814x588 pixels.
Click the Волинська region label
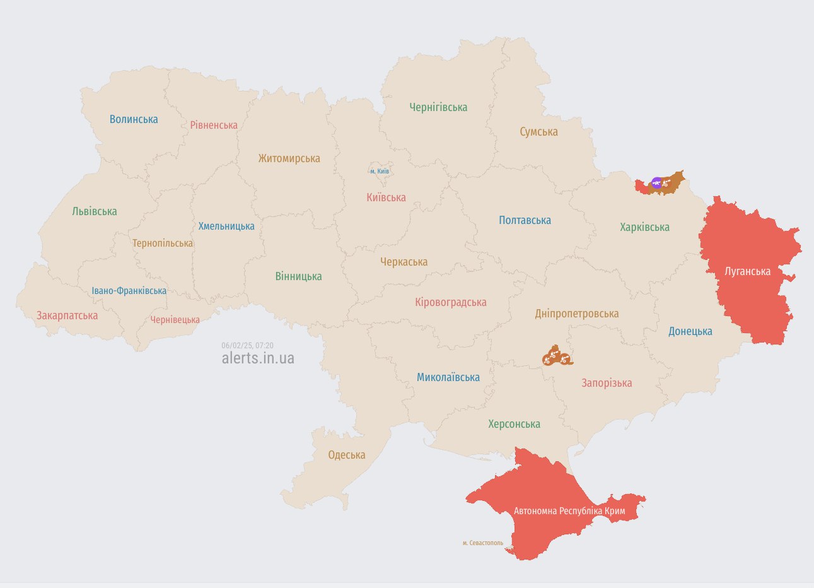(134, 119)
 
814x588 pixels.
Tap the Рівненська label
(214, 125)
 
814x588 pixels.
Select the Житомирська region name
(289, 158)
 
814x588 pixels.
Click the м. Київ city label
(380, 171)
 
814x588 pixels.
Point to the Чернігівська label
(438, 107)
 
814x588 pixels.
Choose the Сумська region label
(538, 132)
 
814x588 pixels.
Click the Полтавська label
(525, 220)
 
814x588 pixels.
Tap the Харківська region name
(644, 227)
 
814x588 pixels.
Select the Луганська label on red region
(747, 271)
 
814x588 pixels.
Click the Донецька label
(690, 331)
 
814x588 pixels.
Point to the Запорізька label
(606, 383)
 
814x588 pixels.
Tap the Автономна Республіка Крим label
(569, 510)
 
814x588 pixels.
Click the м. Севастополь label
(483, 543)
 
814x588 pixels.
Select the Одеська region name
(346, 455)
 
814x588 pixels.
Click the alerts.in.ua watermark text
(258, 358)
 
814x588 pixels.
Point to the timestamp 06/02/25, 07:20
(247, 345)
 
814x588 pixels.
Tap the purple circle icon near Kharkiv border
(657, 183)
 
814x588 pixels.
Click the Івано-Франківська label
(129, 291)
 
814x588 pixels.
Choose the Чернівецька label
(175, 320)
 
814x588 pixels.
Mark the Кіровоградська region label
(450, 302)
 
